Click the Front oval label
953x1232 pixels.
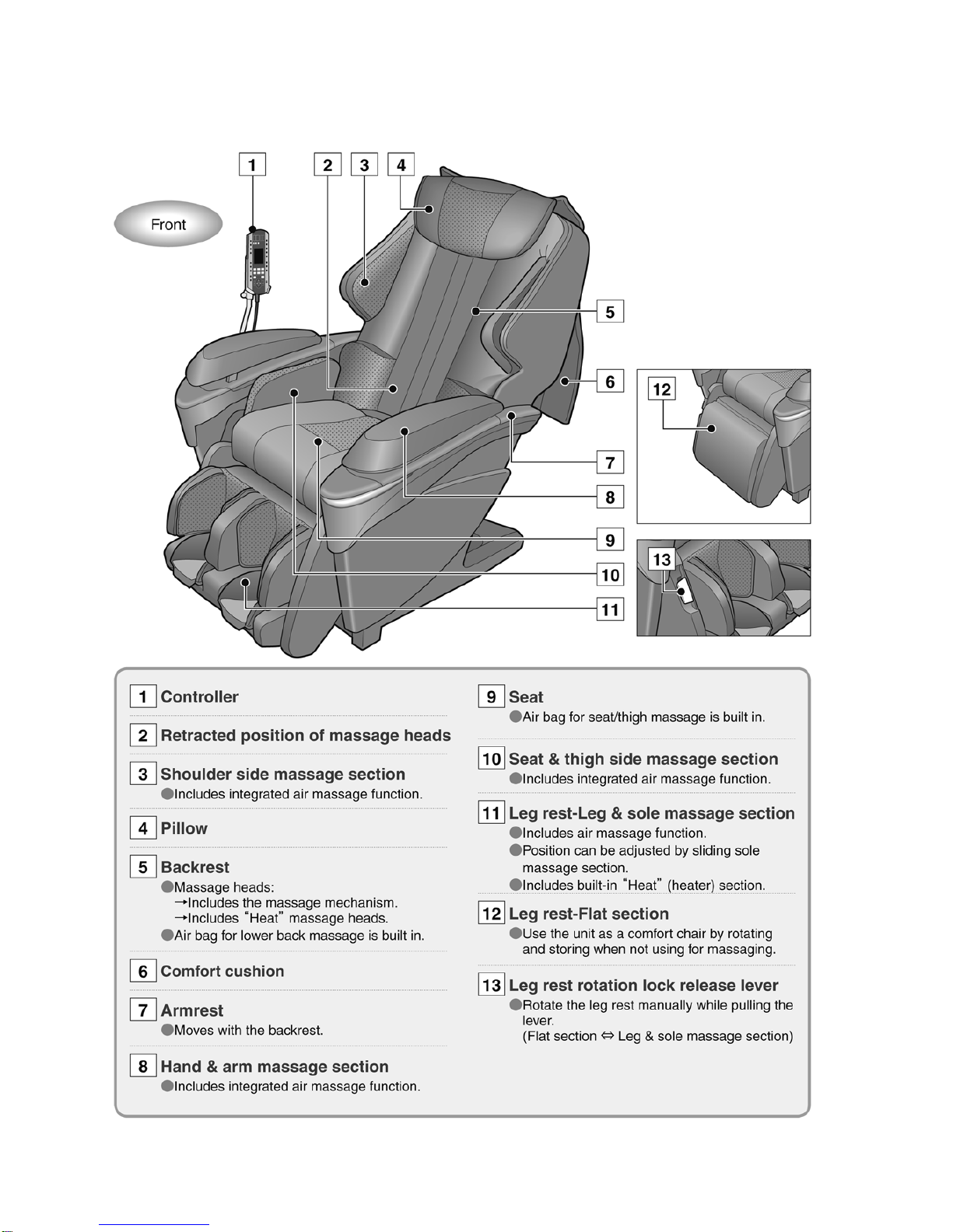(168, 225)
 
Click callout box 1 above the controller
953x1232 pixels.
(252, 165)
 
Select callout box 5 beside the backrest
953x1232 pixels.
(610, 312)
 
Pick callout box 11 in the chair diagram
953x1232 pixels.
(610, 609)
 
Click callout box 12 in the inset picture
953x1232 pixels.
(662, 389)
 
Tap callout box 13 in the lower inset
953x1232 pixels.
(661, 560)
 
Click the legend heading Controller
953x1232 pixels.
(199, 697)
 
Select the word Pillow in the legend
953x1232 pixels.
(184, 829)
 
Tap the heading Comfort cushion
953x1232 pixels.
(222, 972)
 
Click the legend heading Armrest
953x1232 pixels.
(191, 1010)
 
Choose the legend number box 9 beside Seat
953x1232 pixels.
(491, 697)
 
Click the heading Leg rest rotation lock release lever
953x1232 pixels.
(643, 986)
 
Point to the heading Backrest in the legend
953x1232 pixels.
(194, 867)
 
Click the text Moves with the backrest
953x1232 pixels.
(248, 1031)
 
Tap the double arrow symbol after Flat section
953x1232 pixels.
(607, 1036)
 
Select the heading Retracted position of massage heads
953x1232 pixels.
(305, 735)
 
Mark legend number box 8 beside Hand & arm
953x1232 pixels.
(143, 1066)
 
